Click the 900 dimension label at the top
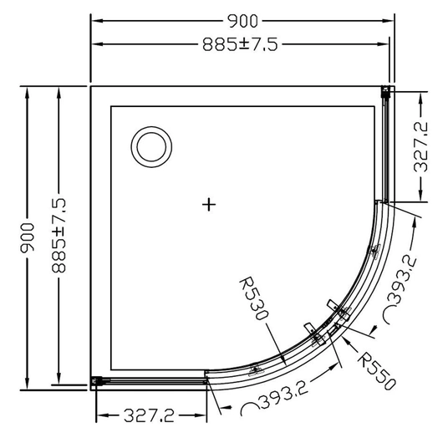pos(242,21)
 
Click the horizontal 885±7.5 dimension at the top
pos(240,44)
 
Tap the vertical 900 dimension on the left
pos(27,237)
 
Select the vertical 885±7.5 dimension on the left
pos(59,236)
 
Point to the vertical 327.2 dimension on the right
pos(421,146)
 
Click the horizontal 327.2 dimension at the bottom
pos(149,415)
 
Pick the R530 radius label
pos(253,298)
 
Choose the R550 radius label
pos(377,371)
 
